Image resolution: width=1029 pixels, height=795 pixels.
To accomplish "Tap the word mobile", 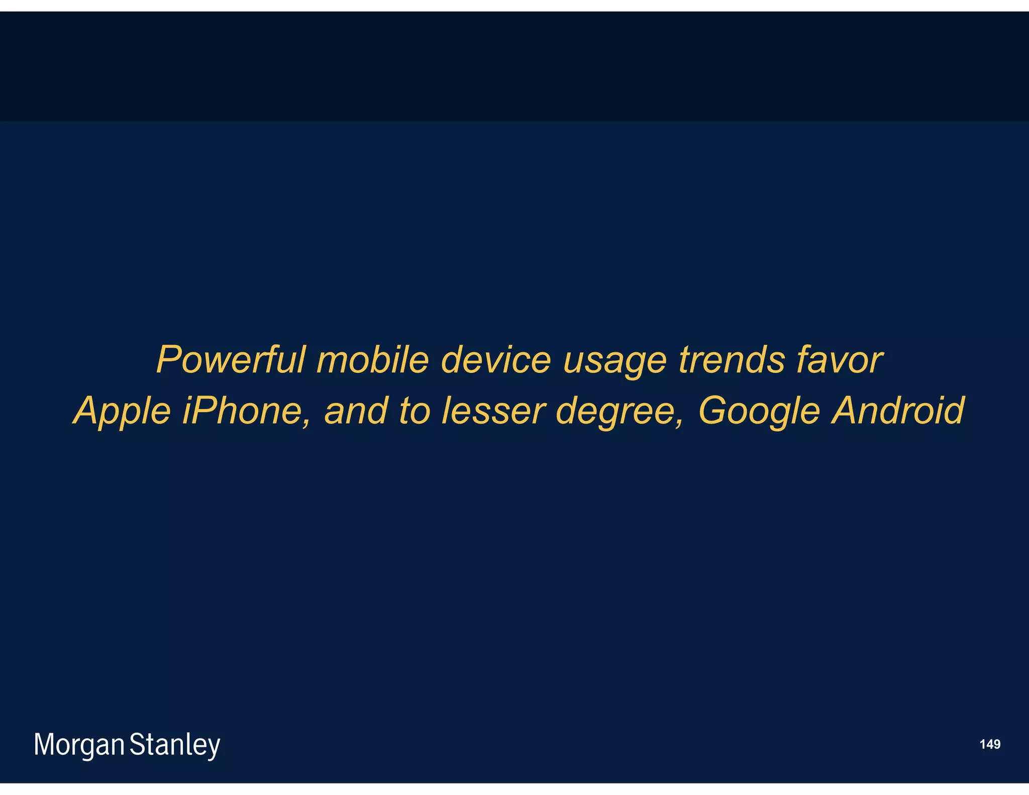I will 372,360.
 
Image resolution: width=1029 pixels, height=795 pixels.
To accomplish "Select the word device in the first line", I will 496,360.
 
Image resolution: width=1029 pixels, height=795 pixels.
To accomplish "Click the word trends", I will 731,360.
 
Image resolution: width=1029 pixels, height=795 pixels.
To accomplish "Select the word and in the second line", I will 356,411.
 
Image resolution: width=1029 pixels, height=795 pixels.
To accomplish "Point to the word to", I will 415,411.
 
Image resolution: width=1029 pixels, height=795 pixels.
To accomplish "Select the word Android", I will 898,411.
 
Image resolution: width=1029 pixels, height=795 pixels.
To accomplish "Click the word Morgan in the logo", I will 79,745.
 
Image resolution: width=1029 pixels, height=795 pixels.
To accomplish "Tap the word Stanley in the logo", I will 175,745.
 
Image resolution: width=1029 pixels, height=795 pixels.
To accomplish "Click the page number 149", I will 990,744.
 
